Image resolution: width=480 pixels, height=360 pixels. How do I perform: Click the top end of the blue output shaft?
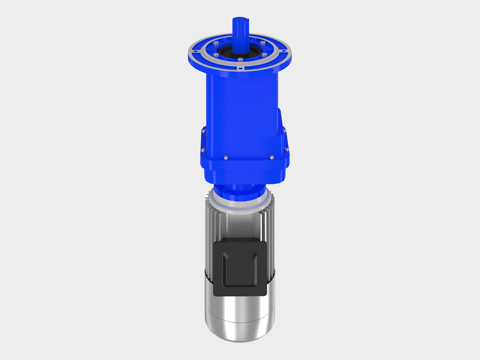coord(240,20)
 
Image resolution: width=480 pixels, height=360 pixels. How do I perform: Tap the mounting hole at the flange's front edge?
coord(240,69)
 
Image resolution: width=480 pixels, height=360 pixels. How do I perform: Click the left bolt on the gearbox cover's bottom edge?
coord(225,157)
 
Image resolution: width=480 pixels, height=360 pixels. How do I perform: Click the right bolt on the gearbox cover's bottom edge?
coord(271,157)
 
